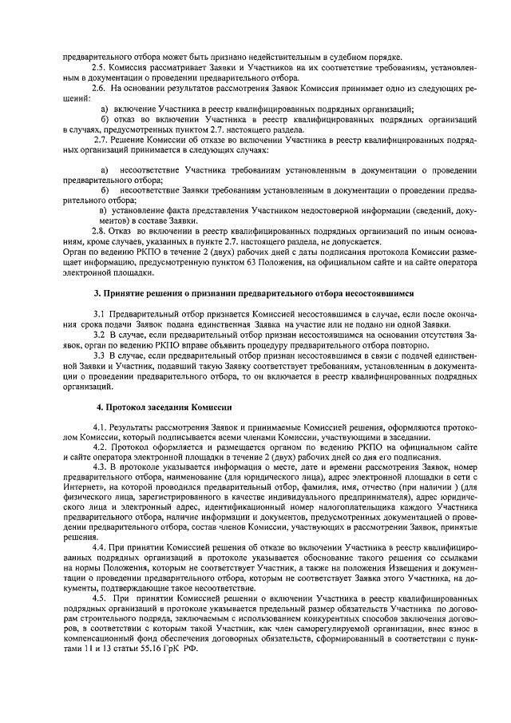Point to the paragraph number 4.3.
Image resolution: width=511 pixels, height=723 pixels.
click(101, 467)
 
